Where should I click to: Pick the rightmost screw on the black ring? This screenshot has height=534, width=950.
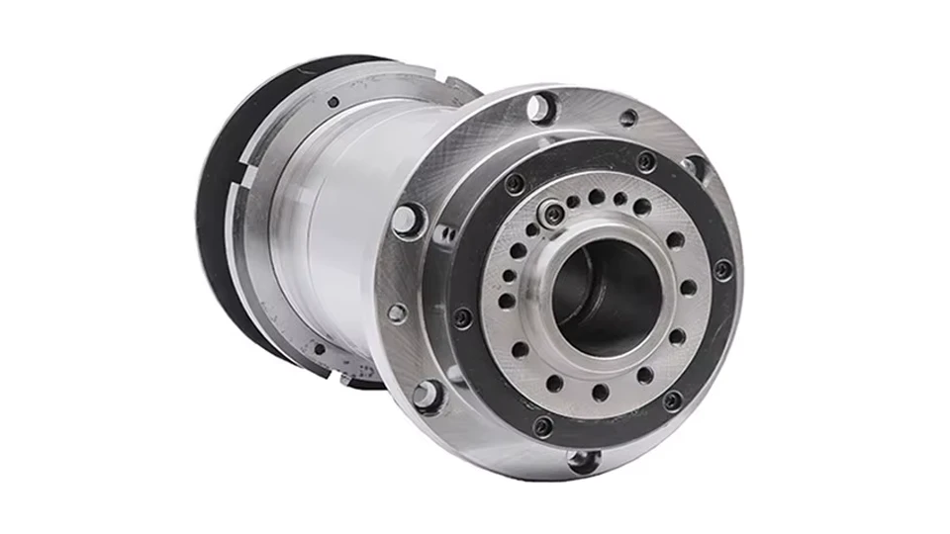pyautogui.click(x=723, y=268)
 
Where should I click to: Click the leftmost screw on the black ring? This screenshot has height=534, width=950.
pyautogui.click(x=462, y=318)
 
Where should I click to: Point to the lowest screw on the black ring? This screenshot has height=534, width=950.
pyautogui.click(x=542, y=426)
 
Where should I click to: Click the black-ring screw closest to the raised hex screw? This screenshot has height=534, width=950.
pyautogui.click(x=515, y=184)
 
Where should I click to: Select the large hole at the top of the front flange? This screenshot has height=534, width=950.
pyautogui.click(x=540, y=107)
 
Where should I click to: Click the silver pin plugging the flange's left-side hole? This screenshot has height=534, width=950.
pyautogui.click(x=407, y=220)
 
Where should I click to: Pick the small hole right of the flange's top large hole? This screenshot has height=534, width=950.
pyautogui.click(x=627, y=118)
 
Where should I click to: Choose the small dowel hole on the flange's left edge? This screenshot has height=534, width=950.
pyautogui.click(x=397, y=312)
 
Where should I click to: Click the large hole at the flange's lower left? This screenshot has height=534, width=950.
pyautogui.click(x=426, y=395)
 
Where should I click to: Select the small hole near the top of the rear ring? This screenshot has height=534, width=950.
pyautogui.click(x=333, y=101)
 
